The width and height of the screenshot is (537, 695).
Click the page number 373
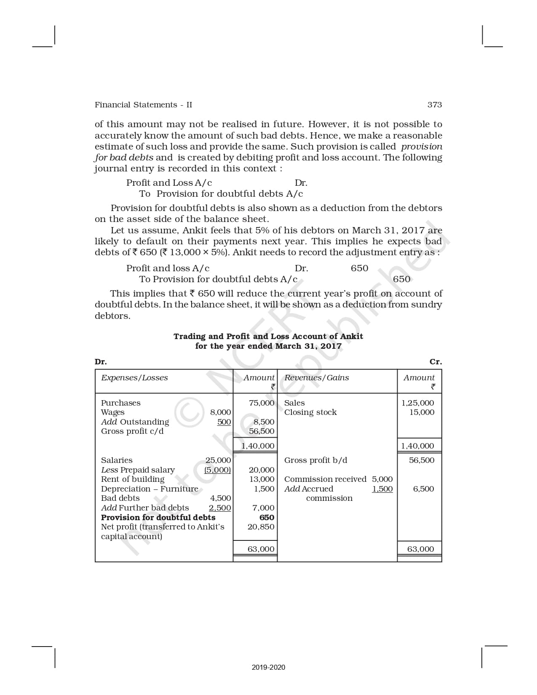(x=434, y=105)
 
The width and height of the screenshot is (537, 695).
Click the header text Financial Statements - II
(x=143, y=105)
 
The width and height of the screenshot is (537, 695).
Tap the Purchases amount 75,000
(x=262, y=403)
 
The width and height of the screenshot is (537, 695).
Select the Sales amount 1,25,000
(x=417, y=403)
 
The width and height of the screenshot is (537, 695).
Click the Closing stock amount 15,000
(x=422, y=412)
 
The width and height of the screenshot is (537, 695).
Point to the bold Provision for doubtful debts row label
(x=158, y=518)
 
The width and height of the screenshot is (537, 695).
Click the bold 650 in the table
(x=267, y=518)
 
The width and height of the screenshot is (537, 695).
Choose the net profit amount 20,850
(x=261, y=527)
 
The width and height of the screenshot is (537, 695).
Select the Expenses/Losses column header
(x=134, y=378)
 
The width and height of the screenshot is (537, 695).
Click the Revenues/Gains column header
(x=316, y=378)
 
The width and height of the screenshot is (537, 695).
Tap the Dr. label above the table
(x=101, y=362)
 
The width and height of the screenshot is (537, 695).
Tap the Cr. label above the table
(x=435, y=362)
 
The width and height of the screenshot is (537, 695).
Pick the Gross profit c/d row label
(x=132, y=431)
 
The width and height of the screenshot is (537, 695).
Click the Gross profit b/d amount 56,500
(x=421, y=460)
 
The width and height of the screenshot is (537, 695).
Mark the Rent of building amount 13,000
(x=262, y=479)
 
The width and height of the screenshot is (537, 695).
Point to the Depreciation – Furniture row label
(x=150, y=489)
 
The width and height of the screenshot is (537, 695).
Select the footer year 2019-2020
(x=268, y=667)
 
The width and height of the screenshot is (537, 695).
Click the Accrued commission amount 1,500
(x=382, y=489)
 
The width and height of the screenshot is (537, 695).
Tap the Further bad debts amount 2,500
(x=220, y=508)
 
